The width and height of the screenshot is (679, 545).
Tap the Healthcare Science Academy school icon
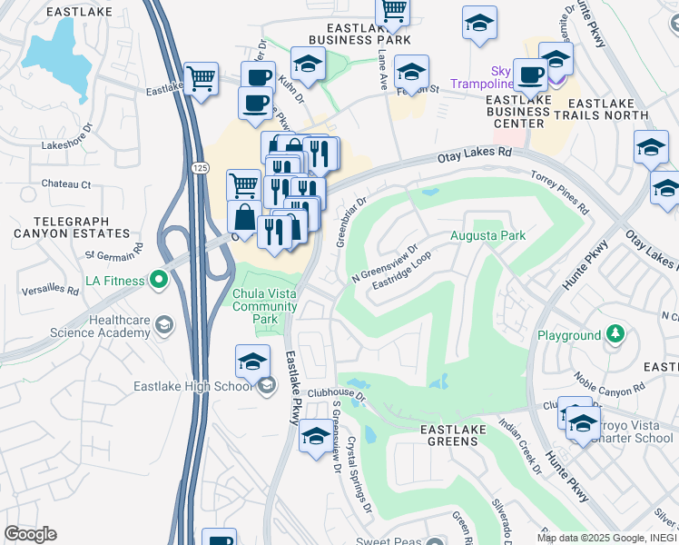pyautogui.click(x=164, y=324)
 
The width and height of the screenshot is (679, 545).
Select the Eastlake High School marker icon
pyautogui.click(x=266, y=387)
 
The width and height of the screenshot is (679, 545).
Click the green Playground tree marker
pyautogui.click(x=615, y=335)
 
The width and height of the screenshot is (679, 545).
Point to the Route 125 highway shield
pyautogui.click(x=199, y=168)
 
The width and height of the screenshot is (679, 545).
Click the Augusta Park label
pyautogui.click(x=488, y=235)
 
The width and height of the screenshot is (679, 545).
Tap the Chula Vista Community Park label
pyautogui.click(x=265, y=306)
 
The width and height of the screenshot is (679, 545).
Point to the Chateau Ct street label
pyautogui.click(x=66, y=184)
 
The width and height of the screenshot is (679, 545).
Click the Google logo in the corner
pyautogui.click(x=30, y=533)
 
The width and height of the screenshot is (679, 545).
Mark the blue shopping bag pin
pyautogui.click(x=244, y=219)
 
